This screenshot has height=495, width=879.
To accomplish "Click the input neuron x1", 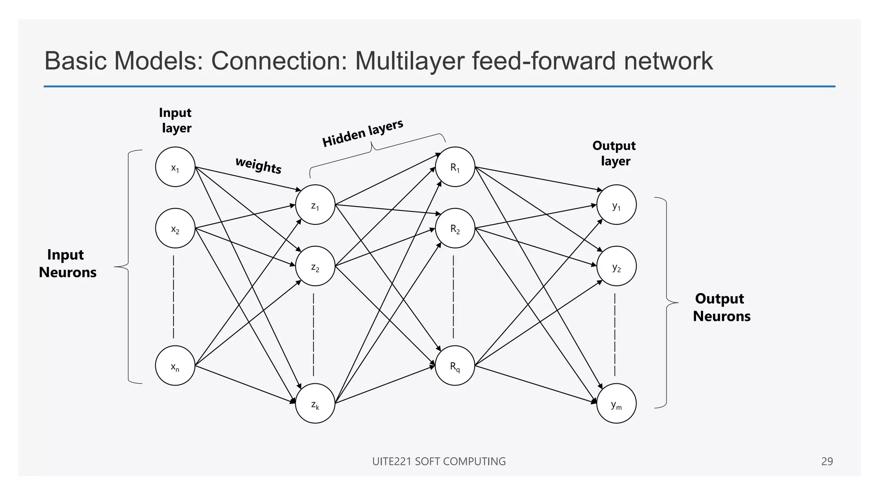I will [175, 167].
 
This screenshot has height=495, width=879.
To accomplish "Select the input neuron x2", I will [175, 228].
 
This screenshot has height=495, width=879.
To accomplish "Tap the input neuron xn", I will [175, 366].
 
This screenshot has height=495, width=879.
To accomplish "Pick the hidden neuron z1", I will [315, 205].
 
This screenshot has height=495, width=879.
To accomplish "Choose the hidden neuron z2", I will [315, 266].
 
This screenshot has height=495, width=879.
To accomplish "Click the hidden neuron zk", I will [315, 403].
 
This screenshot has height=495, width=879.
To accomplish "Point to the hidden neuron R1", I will [455, 167].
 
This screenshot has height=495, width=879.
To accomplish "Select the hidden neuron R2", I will [455, 228].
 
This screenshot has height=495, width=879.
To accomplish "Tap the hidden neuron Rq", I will [455, 366].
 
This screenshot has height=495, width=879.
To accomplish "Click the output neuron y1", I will [616, 205].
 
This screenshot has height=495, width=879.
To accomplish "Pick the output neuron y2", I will [616, 266].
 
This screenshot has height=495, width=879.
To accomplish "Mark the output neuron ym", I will [616, 403].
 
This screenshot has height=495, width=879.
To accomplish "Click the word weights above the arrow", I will [258, 165].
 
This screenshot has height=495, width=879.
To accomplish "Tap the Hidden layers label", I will [363, 133].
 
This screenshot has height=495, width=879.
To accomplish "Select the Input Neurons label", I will [67, 263].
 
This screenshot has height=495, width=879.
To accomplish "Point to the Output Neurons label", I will [721, 307].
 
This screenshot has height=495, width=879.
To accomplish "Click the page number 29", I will [827, 461].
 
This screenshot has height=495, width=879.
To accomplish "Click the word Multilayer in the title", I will [409, 61].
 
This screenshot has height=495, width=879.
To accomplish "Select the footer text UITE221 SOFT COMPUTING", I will [439, 461].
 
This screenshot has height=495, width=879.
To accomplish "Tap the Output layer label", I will [614, 153].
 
